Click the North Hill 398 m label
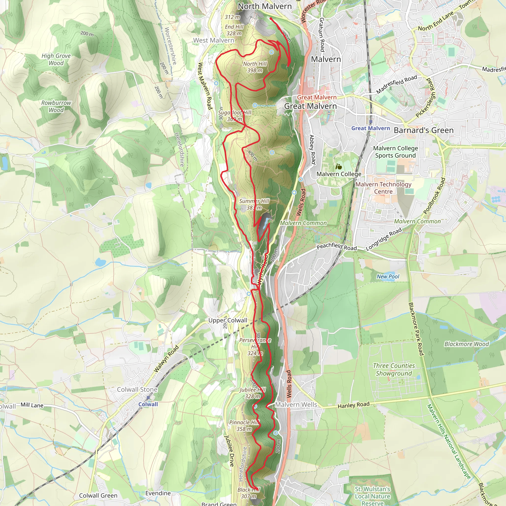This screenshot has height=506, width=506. pos(254,67)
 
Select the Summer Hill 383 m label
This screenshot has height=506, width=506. pos(254,204)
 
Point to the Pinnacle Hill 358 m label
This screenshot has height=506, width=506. pos(244,426)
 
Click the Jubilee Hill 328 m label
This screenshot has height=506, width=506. pos(253,393)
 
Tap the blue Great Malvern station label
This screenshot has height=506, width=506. pos(371,128)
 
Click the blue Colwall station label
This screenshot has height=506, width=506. pos(148,404)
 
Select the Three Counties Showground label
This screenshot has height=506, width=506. pos(394,369)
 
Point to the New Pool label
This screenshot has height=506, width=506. pos(388,276)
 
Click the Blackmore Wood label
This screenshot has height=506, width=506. pos(466,344)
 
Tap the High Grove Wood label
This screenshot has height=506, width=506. pos(56,59)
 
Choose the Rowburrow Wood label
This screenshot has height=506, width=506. pos(56,106)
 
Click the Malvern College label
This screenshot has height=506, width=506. pos(339,174)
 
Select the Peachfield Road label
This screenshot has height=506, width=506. pos(337,246)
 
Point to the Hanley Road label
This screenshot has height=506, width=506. pos(354,405)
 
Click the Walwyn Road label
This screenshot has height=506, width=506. pos(166,358)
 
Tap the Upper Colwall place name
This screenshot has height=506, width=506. pos(228,320)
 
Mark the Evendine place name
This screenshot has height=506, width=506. pos(158,493)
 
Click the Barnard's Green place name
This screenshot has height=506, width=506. pos(423,130)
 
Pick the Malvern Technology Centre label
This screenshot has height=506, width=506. pos(383,188)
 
